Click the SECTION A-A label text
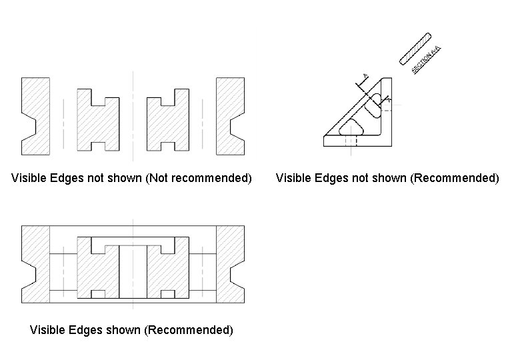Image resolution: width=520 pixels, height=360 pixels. pos(427,59)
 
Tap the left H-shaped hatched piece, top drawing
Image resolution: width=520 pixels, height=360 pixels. pos(99,120)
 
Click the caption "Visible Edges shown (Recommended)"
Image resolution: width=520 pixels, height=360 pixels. pos(132,330)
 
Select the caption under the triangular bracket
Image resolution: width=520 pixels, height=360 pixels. pos(387,179)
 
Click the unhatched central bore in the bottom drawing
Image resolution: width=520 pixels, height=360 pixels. pos(133,270)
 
